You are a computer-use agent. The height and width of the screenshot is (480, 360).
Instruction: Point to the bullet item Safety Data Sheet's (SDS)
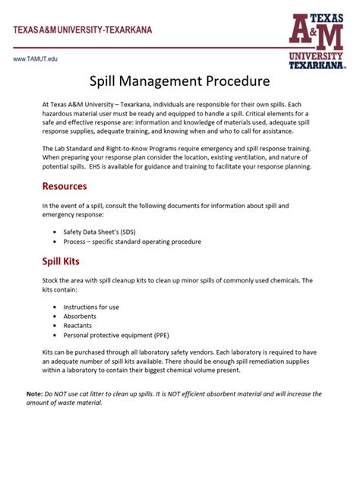(106, 231)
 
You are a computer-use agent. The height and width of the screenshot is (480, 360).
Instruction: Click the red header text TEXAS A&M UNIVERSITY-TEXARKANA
(82, 30)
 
